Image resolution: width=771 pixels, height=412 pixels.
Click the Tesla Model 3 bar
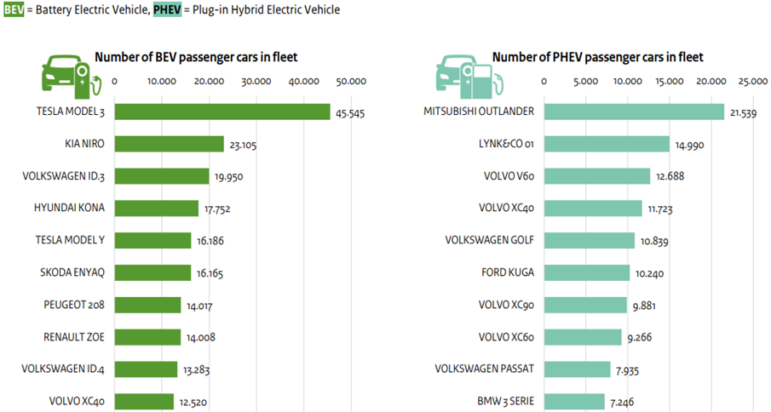coord(222,112)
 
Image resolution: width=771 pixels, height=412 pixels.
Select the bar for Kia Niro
coord(169,144)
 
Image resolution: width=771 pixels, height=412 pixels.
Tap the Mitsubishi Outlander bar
coord(634,112)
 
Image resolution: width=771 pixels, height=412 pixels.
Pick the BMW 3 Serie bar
coord(574,401)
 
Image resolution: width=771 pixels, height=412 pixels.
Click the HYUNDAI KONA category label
coord(69,208)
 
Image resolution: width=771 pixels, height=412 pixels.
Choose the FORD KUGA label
coord(507,272)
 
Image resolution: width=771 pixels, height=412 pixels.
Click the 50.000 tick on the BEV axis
coord(351,82)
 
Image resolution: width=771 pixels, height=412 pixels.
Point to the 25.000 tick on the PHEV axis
coord(752,82)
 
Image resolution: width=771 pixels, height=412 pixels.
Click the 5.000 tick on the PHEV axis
coord(585,82)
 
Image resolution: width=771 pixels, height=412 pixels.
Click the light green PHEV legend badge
coord(167,9)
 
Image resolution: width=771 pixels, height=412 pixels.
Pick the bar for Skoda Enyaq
coord(152,272)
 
